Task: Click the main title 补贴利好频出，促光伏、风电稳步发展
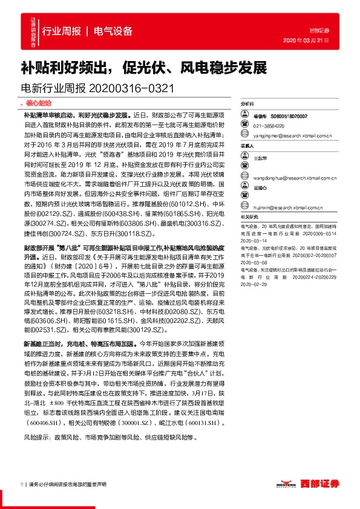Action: point(143,66)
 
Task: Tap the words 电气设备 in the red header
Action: point(113,30)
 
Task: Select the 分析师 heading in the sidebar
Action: point(247,103)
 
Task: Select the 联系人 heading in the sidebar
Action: point(247,146)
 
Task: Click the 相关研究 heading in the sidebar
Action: point(249,216)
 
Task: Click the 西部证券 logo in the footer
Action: point(318,484)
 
